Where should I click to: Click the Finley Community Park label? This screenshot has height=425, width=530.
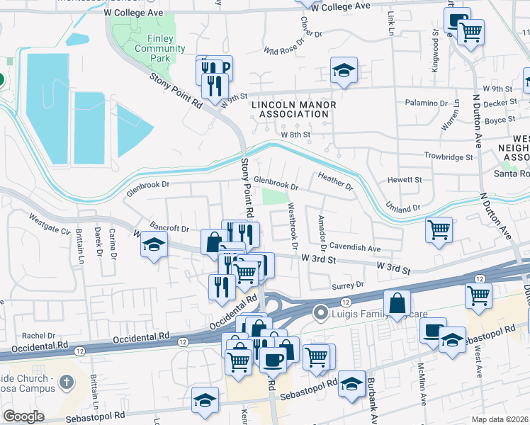[x=150, y=48]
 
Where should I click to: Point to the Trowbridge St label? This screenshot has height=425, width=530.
[x=448, y=156]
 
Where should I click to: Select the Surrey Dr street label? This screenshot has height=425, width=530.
[x=347, y=285]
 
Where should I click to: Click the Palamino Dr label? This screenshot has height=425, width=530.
[x=426, y=103]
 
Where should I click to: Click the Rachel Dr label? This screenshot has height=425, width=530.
[x=33, y=336]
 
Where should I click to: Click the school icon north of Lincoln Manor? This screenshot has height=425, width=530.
[x=344, y=71]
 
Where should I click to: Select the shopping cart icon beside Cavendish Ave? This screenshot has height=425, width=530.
[x=439, y=229]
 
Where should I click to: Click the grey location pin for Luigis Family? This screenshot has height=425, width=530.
[x=321, y=312]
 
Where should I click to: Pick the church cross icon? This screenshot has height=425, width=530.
[x=67, y=383]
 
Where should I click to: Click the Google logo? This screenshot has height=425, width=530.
[x=23, y=416]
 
